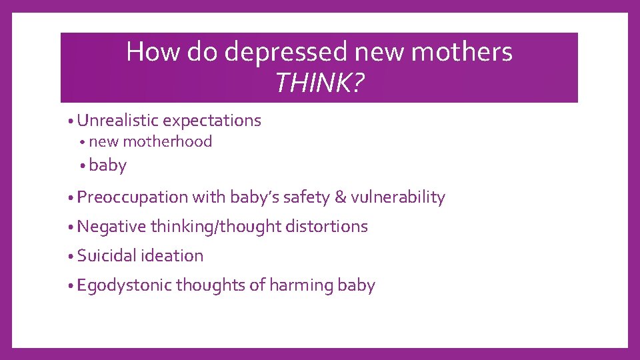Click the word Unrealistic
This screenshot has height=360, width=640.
(x=117, y=121)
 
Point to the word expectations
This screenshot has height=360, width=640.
(x=212, y=121)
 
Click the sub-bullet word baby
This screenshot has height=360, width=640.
(x=107, y=165)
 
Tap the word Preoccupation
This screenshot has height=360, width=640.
(x=133, y=197)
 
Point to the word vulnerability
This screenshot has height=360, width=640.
(x=398, y=197)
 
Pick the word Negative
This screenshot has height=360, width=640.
(x=111, y=227)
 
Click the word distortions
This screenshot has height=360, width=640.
(x=327, y=227)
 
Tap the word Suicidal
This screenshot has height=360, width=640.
(x=107, y=256)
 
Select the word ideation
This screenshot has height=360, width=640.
(x=172, y=256)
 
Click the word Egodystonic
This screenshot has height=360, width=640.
(x=124, y=285)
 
